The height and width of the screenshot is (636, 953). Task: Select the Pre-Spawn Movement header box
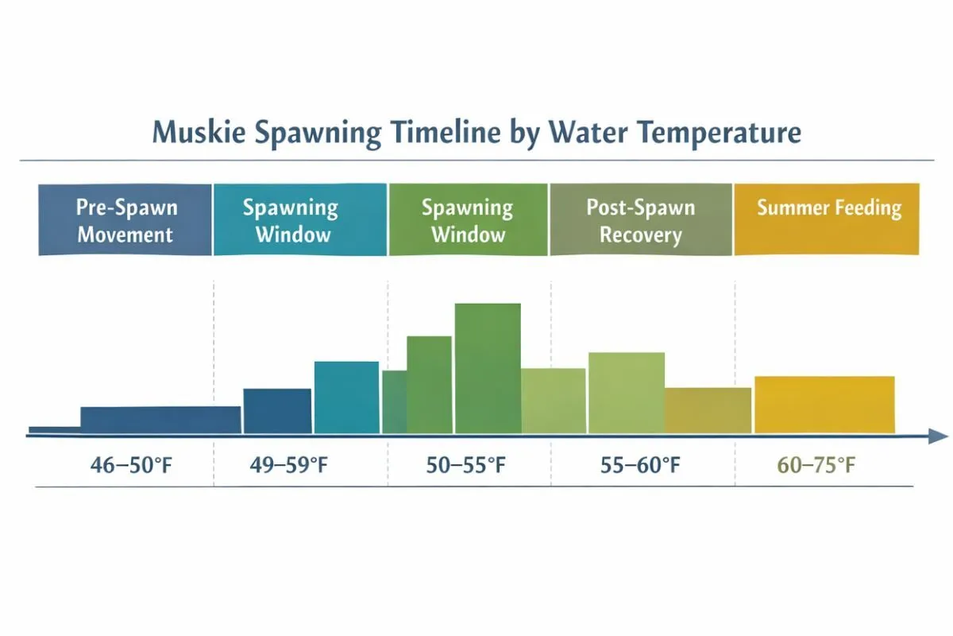tap(125, 220)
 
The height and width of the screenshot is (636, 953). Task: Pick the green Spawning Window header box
tap(468, 220)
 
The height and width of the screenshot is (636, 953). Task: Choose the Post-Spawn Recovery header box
tap(640, 220)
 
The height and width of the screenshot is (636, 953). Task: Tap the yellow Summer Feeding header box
tap(827, 220)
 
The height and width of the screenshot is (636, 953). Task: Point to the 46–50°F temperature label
tap(130, 465)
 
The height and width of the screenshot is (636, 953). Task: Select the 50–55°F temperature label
tap(465, 465)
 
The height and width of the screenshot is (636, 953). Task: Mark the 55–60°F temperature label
tap(641, 465)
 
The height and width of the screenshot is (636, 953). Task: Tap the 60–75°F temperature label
tap(816, 465)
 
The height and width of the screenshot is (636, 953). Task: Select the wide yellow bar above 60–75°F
tap(824, 405)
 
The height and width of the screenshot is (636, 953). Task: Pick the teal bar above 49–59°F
tap(346, 397)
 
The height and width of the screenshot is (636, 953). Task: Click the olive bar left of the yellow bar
tap(708, 410)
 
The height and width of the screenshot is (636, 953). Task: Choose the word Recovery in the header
tap(640, 235)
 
